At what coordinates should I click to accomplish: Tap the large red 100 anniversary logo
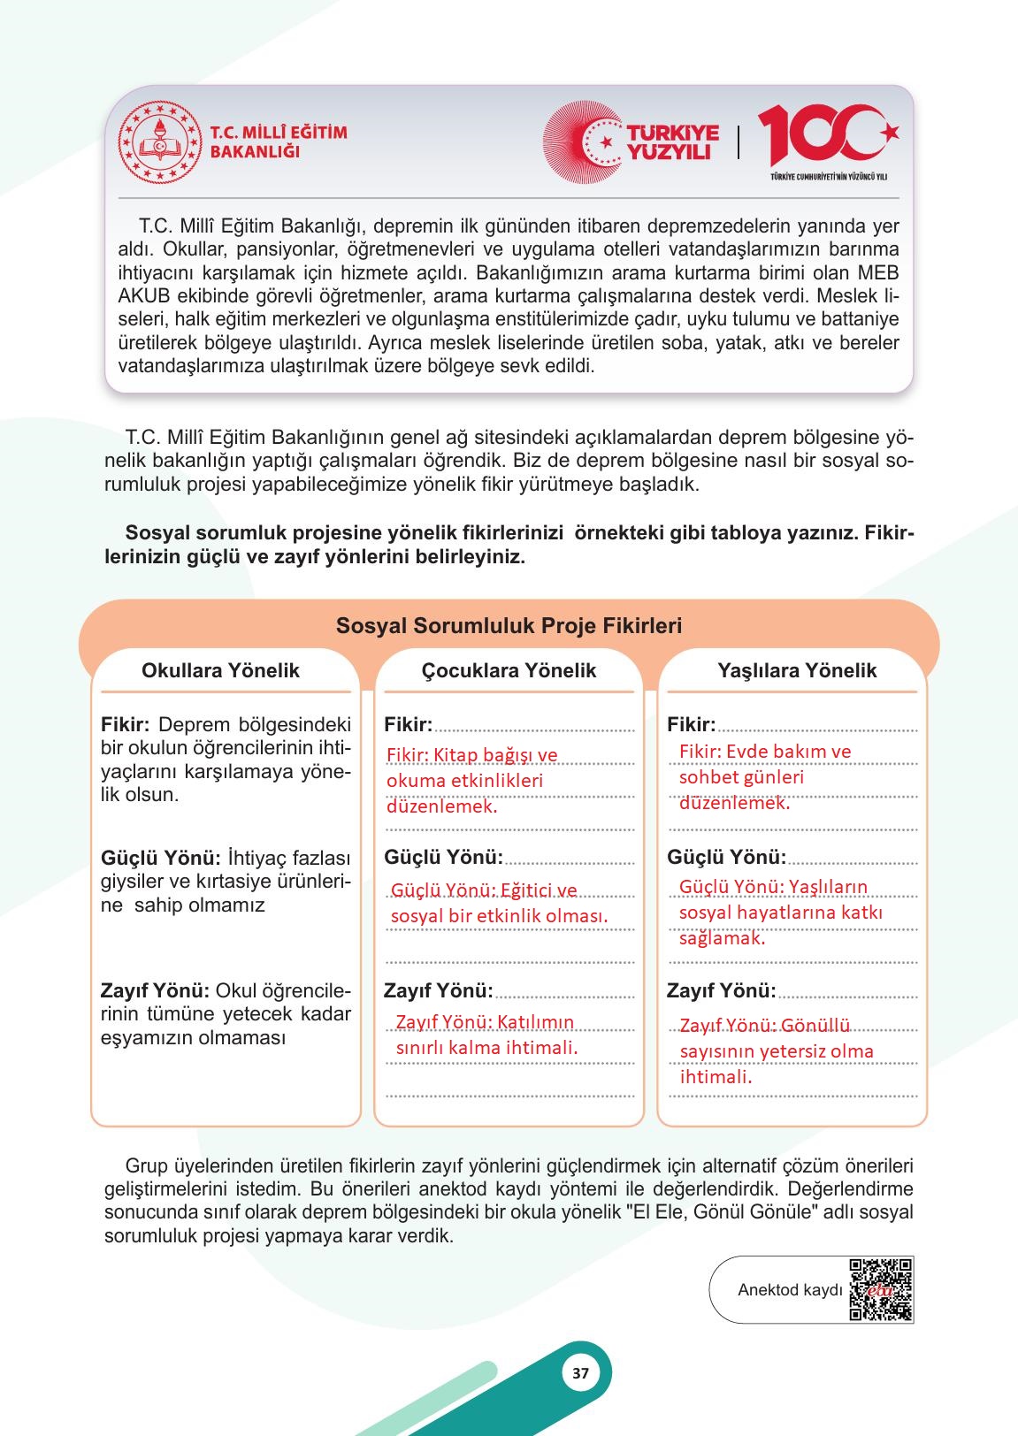pyautogui.click(x=827, y=136)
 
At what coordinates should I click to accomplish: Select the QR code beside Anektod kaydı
pyautogui.click(x=880, y=1289)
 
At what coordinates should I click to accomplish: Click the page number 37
pyautogui.click(x=580, y=1374)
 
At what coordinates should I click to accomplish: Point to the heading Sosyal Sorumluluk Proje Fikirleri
pyautogui.click(x=509, y=626)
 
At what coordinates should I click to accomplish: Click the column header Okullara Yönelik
pyautogui.click(x=220, y=670)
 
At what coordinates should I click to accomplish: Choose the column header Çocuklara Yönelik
pyautogui.click(x=509, y=670)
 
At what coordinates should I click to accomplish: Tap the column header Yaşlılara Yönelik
pyautogui.click(x=797, y=670)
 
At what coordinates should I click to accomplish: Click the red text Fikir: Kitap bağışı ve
pyautogui.click(x=472, y=754)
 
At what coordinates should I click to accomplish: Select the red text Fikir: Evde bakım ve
pyautogui.click(x=764, y=751)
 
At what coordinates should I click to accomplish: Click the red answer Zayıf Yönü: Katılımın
pyautogui.click(x=485, y=1022)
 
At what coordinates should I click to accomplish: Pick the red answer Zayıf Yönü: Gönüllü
pyautogui.click(x=765, y=1025)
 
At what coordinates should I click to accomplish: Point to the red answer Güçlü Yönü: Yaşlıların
pyautogui.click(x=772, y=886)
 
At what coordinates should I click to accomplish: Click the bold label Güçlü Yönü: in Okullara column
pyautogui.click(x=160, y=858)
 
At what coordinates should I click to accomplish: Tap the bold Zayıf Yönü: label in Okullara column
pyautogui.click(x=155, y=990)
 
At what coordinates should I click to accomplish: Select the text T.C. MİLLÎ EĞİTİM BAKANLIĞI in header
pyautogui.click(x=278, y=141)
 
